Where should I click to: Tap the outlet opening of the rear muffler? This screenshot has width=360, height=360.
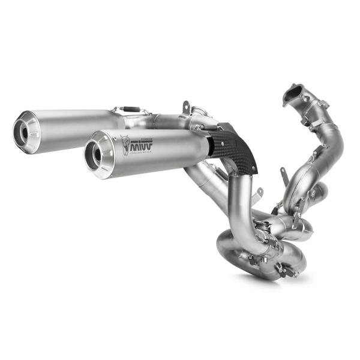[x=25, y=131]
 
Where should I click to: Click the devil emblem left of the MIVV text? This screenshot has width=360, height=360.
[x=125, y=145]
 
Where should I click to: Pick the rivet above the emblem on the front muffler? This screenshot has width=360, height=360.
[x=124, y=136]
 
